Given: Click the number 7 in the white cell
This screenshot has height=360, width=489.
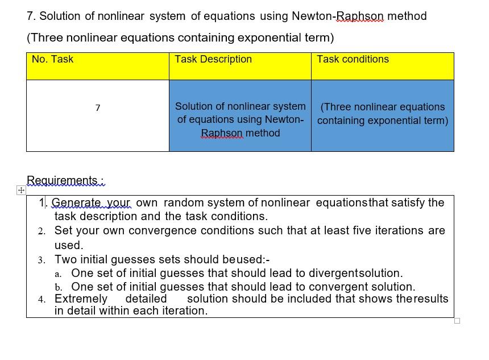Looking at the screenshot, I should (98, 108).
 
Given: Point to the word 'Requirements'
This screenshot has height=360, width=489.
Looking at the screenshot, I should (63, 180).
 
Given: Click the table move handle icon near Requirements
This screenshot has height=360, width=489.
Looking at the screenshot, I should (20, 190).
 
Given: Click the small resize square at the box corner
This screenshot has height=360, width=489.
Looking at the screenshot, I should (457, 321).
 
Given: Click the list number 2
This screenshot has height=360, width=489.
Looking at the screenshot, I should (42, 231).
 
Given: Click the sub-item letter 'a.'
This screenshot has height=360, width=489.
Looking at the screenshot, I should (59, 274).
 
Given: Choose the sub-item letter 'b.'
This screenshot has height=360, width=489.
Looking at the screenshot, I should (59, 287).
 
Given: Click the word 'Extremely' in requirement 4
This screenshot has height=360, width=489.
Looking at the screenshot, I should (81, 299).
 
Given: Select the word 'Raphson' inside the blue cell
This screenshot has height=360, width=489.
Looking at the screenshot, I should (222, 133).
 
